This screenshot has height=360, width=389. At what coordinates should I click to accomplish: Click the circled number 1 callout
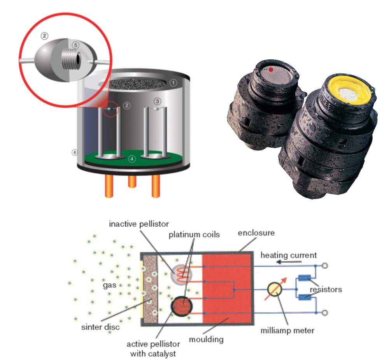click(174, 82)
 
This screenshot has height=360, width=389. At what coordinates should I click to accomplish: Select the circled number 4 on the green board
click(132, 159)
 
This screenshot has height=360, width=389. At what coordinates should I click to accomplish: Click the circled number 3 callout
click(157, 101)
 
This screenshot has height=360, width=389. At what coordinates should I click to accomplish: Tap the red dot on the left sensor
click(271, 70)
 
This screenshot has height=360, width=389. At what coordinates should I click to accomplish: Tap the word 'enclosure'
click(257, 233)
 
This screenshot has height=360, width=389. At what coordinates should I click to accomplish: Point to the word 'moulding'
click(206, 339)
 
